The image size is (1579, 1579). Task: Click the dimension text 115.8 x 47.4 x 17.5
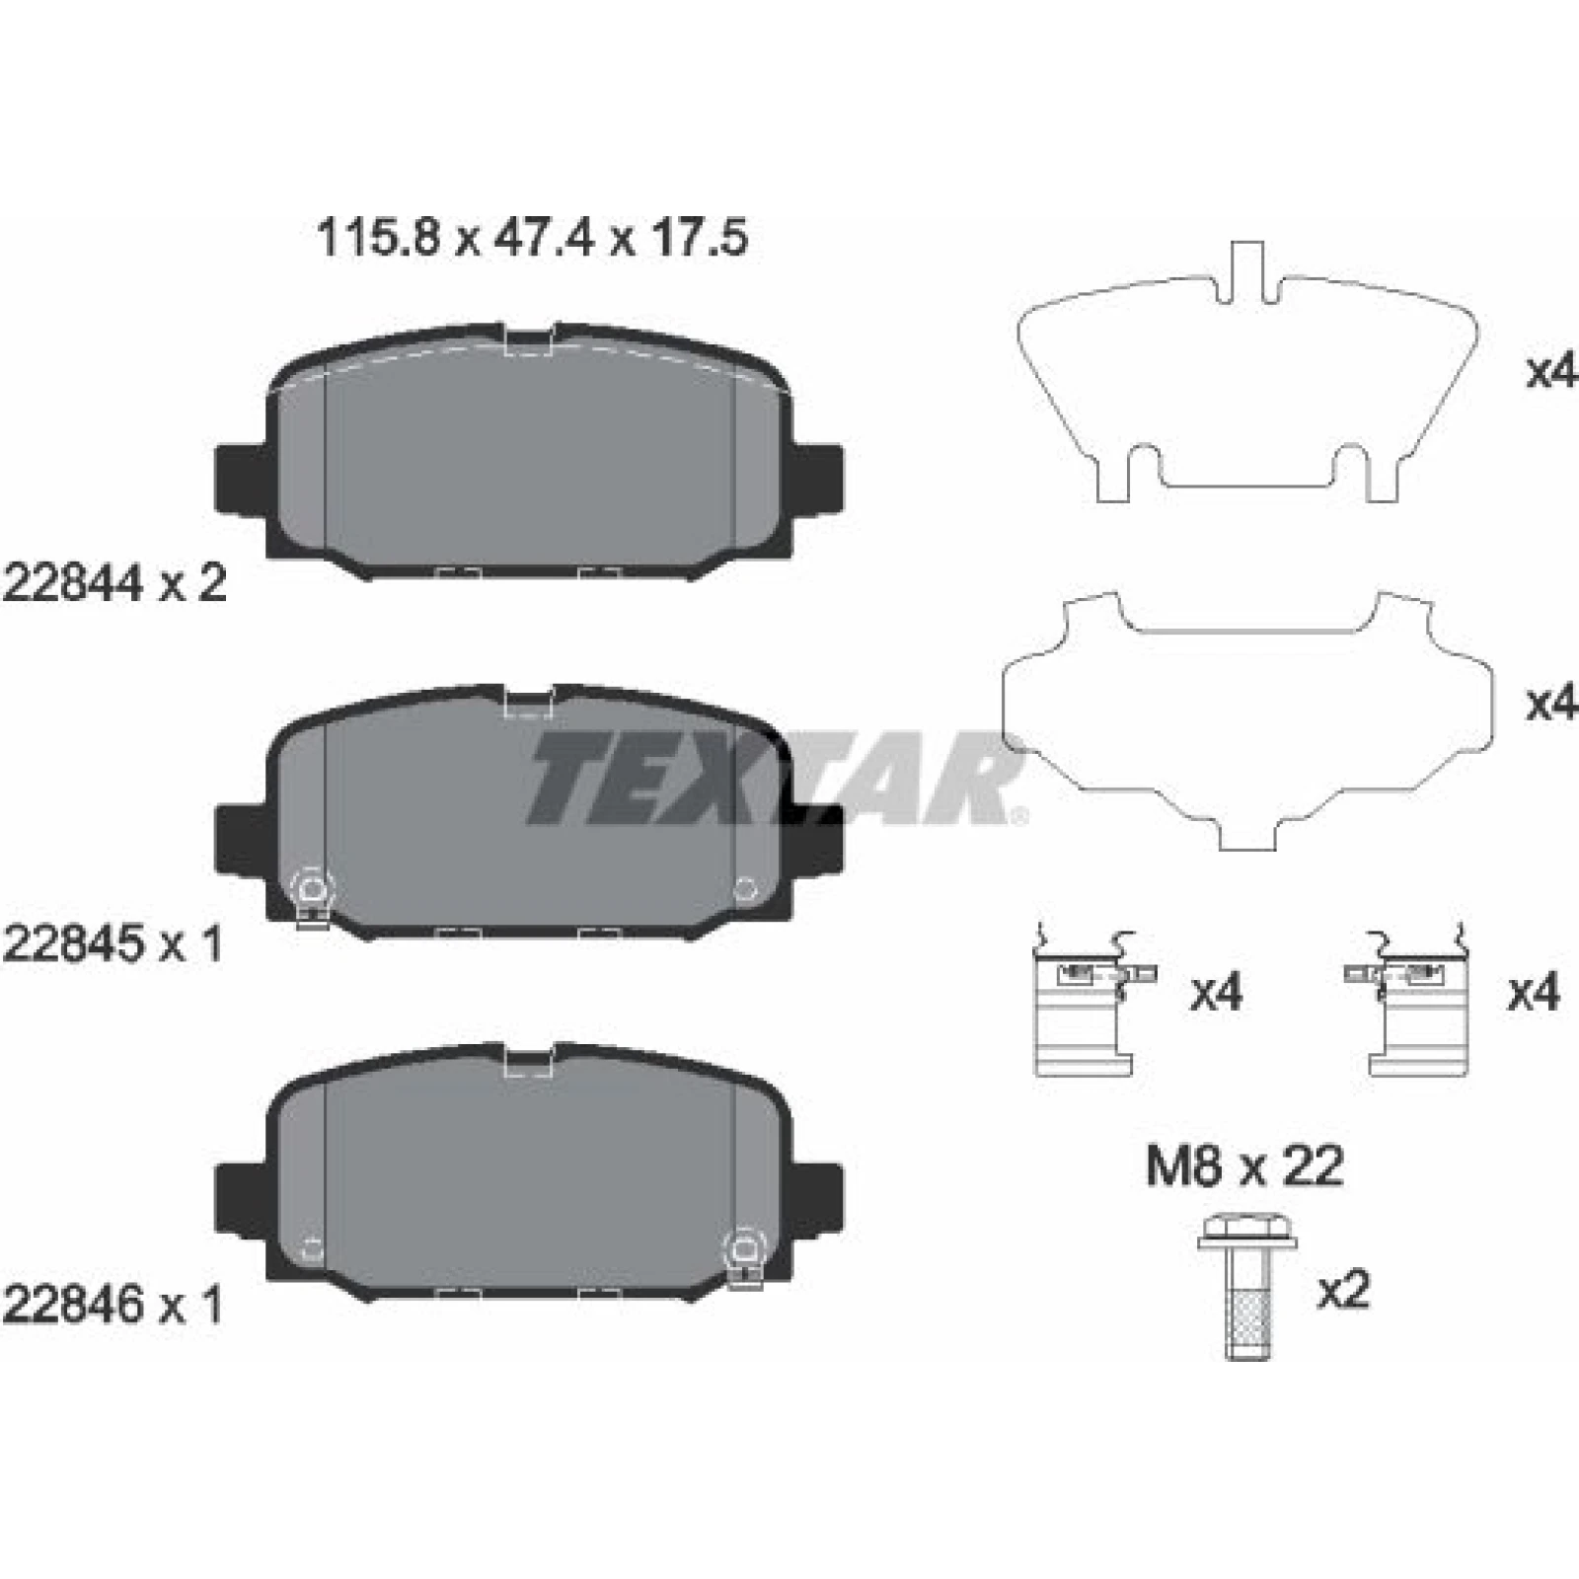pyautogui.click(x=532, y=238)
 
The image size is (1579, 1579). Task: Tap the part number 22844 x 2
pyautogui.click(x=115, y=583)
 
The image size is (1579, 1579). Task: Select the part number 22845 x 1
pyautogui.click(x=113, y=944)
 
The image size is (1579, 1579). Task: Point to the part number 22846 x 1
pyautogui.click(x=113, y=1305)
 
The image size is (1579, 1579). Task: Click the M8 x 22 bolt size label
pyautogui.click(x=1244, y=1166)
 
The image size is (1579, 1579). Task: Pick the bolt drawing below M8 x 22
pyautogui.click(x=1248, y=1286)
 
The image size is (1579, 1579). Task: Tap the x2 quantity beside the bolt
pyautogui.click(x=1344, y=1291)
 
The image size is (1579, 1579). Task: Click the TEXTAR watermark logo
pyautogui.click(x=775, y=778)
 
